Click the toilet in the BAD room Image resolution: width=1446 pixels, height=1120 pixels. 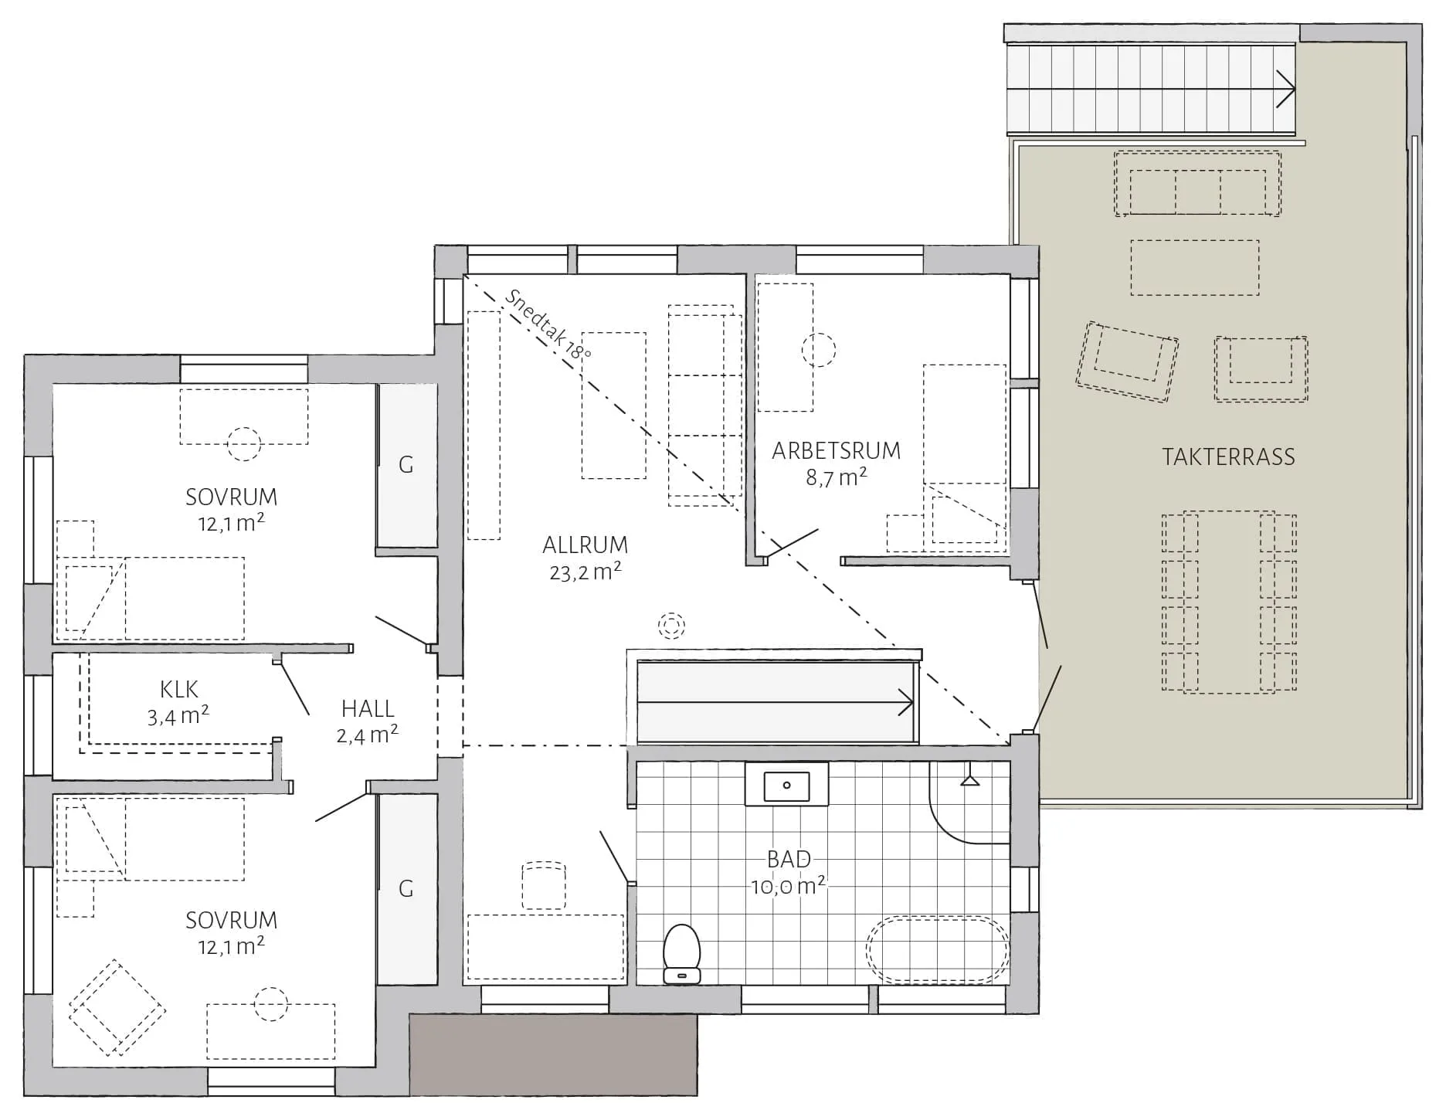click(x=682, y=954)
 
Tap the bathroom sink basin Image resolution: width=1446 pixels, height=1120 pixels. click(x=786, y=786)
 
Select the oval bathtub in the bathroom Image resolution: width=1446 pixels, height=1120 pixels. click(x=938, y=950)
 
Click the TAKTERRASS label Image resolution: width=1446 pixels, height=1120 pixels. click(x=1228, y=456)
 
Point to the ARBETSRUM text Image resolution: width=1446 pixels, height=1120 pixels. click(x=837, y=450)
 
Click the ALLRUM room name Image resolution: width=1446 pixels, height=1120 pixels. click(x=585, y=545)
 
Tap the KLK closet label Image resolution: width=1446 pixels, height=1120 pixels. click(x=179, y=689)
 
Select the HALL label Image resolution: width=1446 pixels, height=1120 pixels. click(x=368, y=708)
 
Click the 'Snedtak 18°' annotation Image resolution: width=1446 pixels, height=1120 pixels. click(x=548, y=324)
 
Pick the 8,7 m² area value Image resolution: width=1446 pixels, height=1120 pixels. click(x=837, y=477)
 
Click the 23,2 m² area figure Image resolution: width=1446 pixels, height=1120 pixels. click(x=586, y=572)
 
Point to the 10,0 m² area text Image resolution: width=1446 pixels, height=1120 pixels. click(x=789, y=885)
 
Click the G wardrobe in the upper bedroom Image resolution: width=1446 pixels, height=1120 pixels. click(x=406, y=465)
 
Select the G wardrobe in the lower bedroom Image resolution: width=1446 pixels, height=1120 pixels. click(x=406, y=889)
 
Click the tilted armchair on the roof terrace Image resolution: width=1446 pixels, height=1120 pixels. click(x=1127, y=361)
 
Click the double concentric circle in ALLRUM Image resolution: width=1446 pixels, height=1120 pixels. click(x=672, y=625)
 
